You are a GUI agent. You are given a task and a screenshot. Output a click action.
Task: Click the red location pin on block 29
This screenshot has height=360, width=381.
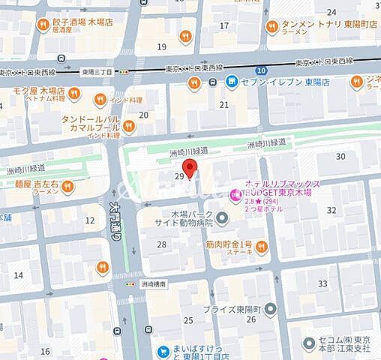click(x=191, y=168)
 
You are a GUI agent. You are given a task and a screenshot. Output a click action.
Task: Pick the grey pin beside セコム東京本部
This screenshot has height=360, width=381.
click(x=308, y=343)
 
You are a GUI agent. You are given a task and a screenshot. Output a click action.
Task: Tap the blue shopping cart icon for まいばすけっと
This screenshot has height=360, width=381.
click(x=162, y=350)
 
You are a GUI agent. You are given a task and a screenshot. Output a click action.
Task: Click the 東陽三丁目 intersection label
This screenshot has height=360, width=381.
click(x=98, y=70)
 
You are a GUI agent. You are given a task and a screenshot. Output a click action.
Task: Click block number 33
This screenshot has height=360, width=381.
click(x=323, y=283)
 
